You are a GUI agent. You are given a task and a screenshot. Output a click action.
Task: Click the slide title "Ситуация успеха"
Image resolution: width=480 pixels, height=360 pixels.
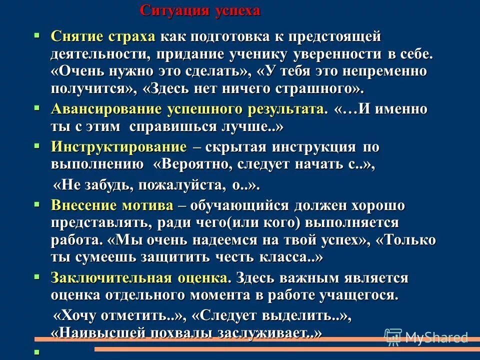200,11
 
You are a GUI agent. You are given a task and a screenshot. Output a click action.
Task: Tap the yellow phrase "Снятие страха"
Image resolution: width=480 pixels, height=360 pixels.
103,36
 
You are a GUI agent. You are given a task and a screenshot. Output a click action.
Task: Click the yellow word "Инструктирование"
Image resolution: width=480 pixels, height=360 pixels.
118,147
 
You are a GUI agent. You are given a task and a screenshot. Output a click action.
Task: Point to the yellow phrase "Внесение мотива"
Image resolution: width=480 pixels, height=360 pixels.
112,205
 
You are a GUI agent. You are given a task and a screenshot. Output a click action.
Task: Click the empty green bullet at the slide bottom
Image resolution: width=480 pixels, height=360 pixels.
36,351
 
